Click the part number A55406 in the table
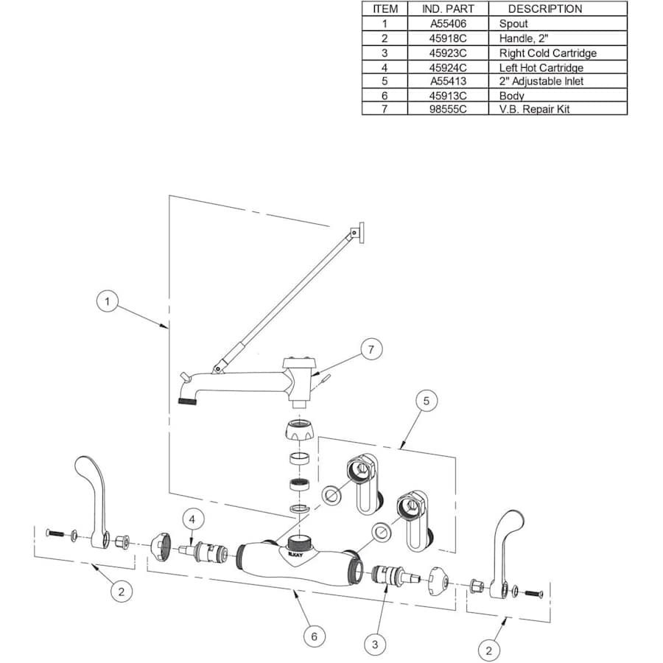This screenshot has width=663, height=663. coord(448,24)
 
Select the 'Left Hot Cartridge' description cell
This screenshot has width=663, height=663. coord(541,68)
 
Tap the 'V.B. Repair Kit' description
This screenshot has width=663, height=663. coord(534,109)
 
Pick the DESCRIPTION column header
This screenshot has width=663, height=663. coord(544,9)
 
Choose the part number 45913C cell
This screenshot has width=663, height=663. coord(448,96)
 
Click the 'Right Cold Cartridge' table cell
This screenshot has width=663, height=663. coord(547,53)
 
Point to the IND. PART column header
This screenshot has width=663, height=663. coord(448,9)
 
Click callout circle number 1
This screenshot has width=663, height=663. coord(107,301)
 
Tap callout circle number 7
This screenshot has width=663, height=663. coord(371,350)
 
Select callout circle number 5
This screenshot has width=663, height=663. coord(427,401)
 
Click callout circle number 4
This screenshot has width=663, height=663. coord(192,519)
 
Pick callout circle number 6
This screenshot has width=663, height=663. coord(314,636)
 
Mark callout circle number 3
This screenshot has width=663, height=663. coord(375,645)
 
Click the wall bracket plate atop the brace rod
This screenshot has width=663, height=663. coord(359,233)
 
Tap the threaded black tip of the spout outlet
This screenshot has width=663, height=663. coord(187,401)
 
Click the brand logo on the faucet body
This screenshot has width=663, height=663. coord(295,554)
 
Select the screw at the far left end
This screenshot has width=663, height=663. coord(55,533)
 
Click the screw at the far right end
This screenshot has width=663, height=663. coord(534,594)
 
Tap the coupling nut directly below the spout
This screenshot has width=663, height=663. coord(299,430)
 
